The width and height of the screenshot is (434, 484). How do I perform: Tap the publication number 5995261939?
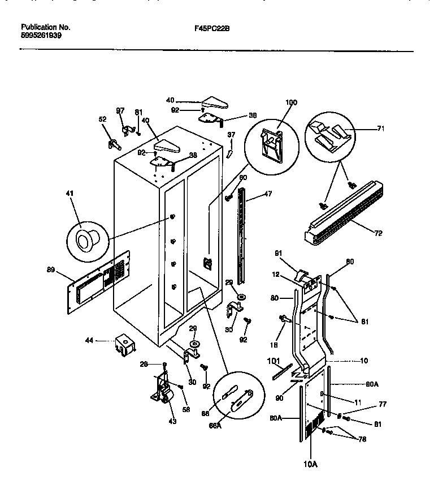[x=41, y=35]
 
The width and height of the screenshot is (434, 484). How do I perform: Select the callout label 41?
[x=70, y=194]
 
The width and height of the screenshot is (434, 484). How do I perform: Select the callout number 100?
[x=290, y=102]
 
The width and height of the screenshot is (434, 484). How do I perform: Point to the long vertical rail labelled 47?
[x=244, y=238]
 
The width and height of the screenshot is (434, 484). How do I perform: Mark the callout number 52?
[x=102, y=119]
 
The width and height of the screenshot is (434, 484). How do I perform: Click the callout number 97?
[x=120, y=110]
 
